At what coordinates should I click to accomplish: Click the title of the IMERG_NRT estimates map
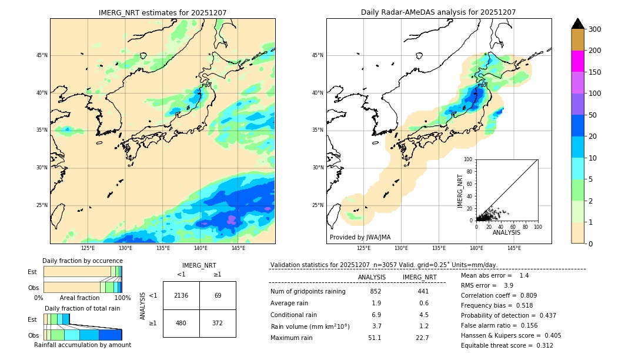tap(162, 12)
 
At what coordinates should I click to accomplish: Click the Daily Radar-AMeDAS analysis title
tap(439, 12)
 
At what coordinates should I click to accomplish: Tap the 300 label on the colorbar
tap(595, 29)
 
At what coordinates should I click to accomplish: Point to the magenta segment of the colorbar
tap(578, 61)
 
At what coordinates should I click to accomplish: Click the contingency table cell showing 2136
tap(181, 295)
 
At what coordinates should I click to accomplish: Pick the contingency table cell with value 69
tap(218, 295)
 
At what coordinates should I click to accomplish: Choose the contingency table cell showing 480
tap(181, 323)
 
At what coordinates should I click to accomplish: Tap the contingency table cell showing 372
tap(218, 323)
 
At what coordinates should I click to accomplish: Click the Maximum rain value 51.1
tap(375, 338)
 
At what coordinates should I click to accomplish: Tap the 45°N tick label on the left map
tap(42, 55)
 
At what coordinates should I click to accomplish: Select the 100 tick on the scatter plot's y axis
tap(469, 159)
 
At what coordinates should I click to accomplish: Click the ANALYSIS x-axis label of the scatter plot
tap(506, 232)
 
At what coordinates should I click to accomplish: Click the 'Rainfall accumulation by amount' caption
tap(82, 345)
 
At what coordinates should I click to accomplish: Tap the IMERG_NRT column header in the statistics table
tap(419, 277)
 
